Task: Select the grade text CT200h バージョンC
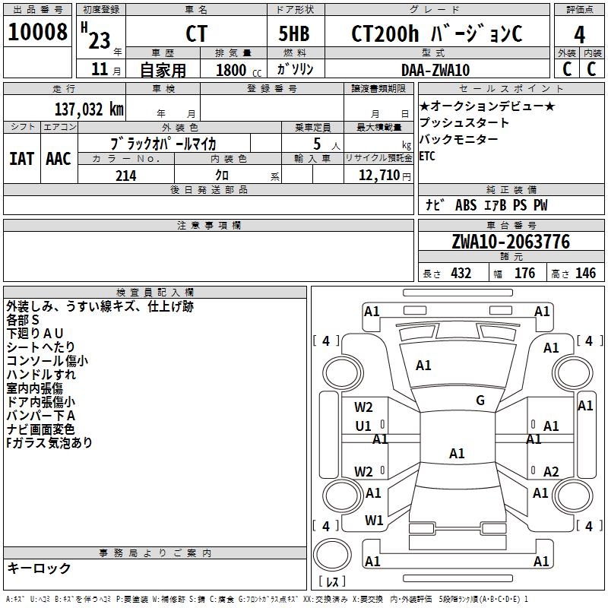click(436, 33)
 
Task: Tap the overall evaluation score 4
click(579, 34)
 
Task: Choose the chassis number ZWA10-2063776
click(510, 242)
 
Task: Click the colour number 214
click(125, 176)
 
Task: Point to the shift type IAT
click(21, 159)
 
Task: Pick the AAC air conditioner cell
click(59, 159)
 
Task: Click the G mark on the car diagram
click(480, 401)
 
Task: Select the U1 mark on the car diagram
click(363, 426)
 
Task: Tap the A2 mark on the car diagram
click(551, 472)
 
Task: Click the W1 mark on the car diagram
click(373, 521)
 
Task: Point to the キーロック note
click(39, 568)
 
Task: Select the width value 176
click(524, 274)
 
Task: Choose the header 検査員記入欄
click(155, 292)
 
